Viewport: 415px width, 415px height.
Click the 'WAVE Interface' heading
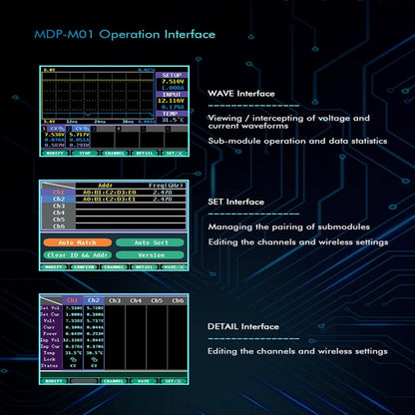tap(239, 94)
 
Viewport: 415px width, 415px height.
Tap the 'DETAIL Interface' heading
tap(242, 325)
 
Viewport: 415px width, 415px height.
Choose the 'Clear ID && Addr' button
tap(77, 254)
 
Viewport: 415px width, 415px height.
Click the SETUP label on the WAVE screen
tap(172, 75)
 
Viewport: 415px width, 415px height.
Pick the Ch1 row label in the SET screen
tap(58, 192)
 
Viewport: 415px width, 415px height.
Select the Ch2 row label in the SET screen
tap(58, 199)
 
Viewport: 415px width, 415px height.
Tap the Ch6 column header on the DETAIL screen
tap(178, 299)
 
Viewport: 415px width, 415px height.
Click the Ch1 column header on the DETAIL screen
tap(73, 299)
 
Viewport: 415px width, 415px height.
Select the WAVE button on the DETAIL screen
tap(144, 381)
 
